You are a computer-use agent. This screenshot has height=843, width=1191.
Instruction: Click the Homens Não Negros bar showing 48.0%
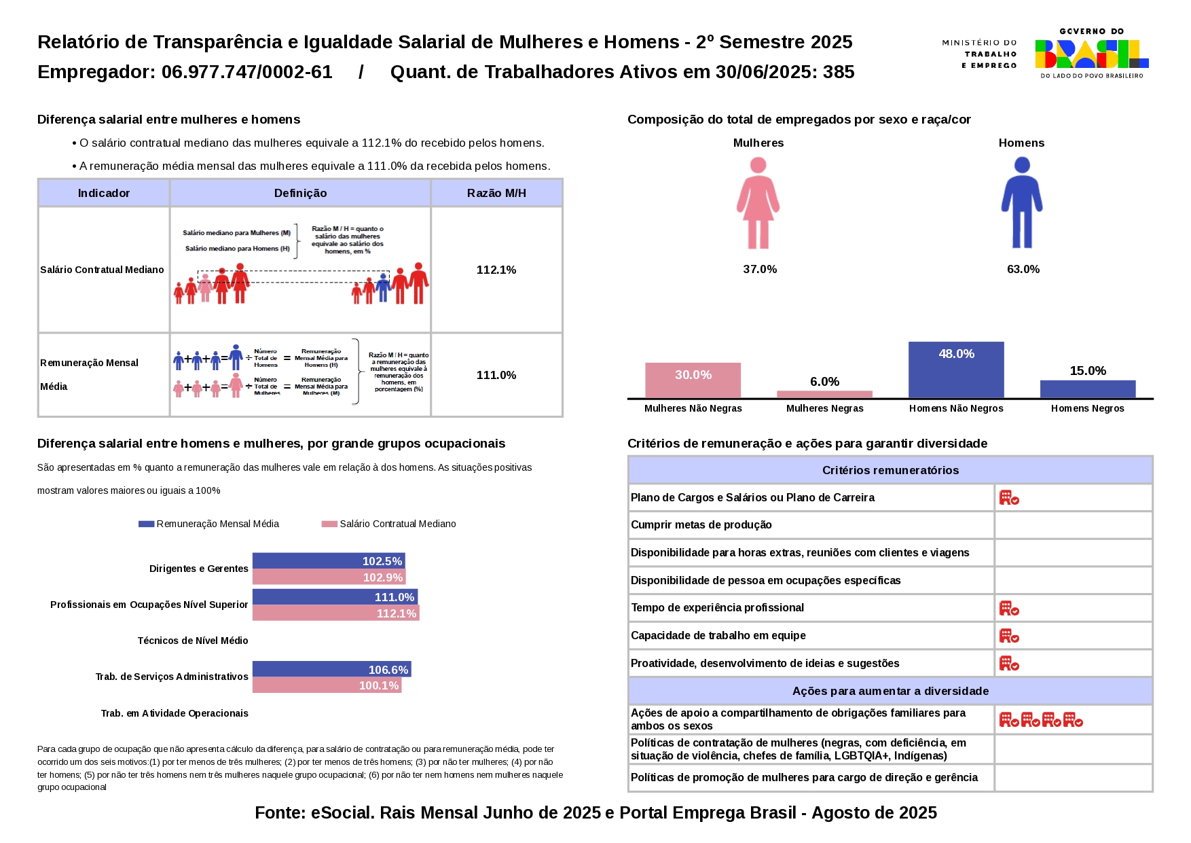(956, 370)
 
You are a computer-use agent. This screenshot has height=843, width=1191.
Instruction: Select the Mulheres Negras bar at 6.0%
(824, 394)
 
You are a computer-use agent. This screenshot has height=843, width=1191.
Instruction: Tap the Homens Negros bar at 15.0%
(1088, 389)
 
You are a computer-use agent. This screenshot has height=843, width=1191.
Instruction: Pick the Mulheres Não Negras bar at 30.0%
(693, 380)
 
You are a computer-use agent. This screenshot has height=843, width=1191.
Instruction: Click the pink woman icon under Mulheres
(758, 203)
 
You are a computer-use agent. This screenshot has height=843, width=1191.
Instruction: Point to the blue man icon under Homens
(1022, 203)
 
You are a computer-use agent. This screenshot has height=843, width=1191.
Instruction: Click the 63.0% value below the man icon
(1023, 270)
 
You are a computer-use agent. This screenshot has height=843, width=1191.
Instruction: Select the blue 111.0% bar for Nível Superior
(335, 597)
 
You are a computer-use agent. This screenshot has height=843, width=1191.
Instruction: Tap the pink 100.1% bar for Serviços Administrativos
(327, 685)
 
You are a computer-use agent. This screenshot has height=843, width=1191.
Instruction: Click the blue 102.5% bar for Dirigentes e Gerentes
(329, 561)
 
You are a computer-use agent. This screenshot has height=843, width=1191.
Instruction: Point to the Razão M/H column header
(496, 194)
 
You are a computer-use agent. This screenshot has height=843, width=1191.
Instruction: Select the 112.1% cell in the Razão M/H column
(496, 270)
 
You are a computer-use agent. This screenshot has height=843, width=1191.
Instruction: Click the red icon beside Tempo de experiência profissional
(1009, 608)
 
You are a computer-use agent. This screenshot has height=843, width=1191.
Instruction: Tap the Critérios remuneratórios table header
(890, 470)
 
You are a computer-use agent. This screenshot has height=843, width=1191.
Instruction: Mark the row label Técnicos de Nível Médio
(193, 641)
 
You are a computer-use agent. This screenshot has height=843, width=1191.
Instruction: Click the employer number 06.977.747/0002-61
(246, 72)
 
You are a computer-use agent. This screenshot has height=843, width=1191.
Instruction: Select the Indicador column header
(104, 194)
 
